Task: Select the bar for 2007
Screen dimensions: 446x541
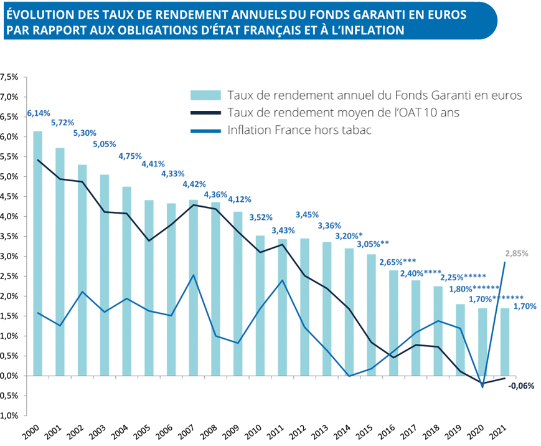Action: (x=194, y=318)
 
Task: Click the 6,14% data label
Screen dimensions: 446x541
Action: (x=38, y=114)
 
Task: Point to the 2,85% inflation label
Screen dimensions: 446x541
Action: (x=517, y=254)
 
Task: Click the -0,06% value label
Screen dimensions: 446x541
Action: (x=520, y=386)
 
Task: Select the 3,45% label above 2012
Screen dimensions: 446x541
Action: (x=307, y=214)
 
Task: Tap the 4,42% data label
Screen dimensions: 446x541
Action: (x=194, y=184)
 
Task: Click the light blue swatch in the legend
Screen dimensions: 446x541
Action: (x=205, y=95)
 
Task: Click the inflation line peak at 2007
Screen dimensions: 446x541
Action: (x=194, y=275)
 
